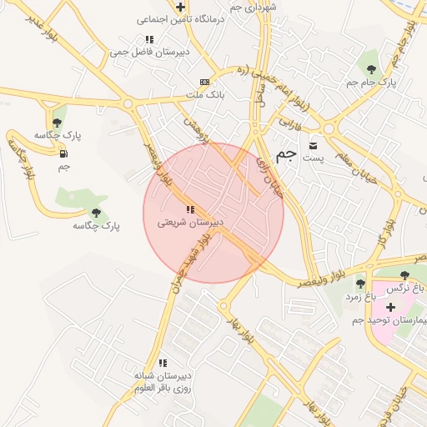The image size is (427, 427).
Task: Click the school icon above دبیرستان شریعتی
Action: point(190,209)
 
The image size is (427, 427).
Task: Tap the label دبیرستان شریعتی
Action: point(190,224)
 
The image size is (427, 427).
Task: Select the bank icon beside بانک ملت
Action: point(205,82)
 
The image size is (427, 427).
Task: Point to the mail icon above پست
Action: point(314,144)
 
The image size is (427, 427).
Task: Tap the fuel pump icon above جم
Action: point(63,153)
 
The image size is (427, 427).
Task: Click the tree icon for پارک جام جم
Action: point(371,68)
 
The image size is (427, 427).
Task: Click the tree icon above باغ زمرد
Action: point(360,284)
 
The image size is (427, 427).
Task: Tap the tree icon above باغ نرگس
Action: point(404,275)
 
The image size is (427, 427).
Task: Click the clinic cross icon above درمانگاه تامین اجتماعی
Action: point(179,7)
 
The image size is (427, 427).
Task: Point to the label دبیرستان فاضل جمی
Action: point(148,53)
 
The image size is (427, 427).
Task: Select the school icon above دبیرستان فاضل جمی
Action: point(148,39)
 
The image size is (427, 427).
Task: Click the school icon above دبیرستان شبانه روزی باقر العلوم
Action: point(163,363)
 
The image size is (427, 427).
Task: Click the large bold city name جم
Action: point(286,153)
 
